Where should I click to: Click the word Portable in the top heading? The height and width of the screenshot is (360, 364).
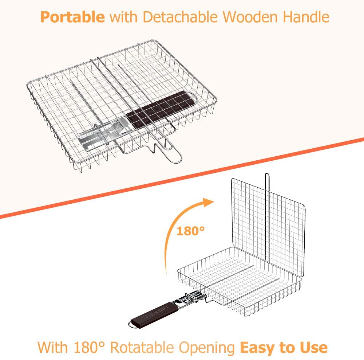point(72,17)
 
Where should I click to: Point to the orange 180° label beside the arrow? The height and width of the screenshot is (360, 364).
point(191,231)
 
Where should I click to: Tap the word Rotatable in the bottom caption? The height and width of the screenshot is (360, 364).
point(142,348)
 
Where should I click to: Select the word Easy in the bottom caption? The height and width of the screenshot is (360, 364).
point(257,348)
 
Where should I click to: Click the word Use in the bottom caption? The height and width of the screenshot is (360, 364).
point(314,348)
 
